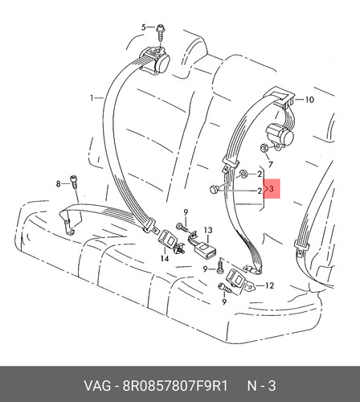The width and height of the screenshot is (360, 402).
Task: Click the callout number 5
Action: (144, 27)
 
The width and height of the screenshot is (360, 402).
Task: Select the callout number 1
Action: (92, 98)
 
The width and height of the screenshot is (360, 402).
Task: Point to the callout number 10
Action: (309, 100)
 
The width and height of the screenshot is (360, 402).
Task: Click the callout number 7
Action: (270, 164)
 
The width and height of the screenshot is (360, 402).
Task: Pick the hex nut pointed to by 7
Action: (264, 148)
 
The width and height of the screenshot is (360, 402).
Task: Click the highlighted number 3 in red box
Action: (272, 189)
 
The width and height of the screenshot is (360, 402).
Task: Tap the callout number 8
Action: (58, 184)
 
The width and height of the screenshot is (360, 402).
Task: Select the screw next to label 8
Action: (73, 182)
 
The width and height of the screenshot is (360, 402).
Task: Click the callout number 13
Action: (208, 230)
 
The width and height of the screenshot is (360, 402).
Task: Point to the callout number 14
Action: (165, 258)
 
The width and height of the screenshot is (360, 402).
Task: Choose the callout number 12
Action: (269, 285)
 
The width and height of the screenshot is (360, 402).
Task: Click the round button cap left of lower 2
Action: (214, 189)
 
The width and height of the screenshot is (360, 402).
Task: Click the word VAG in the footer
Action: (97, 386)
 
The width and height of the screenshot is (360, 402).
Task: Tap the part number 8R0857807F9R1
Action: (175, 386)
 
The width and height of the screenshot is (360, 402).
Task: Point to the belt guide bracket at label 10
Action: (280, 94)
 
